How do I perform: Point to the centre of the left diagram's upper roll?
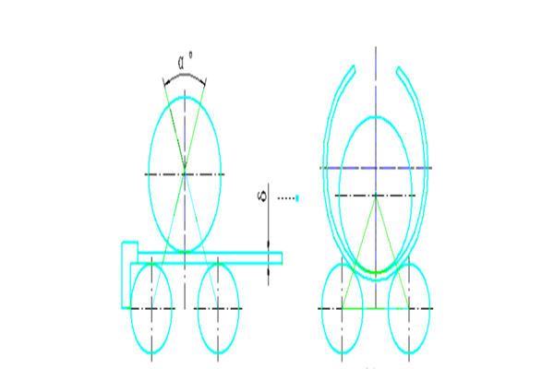tap(185, 173)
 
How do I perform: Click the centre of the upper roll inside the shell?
tap(376, 196)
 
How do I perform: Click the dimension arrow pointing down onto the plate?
tap(269, 245)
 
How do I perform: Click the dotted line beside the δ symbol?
tap(287, 197)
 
